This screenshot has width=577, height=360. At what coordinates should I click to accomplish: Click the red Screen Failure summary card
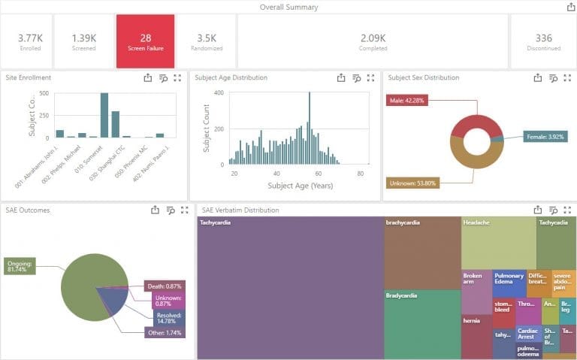click(146, 41)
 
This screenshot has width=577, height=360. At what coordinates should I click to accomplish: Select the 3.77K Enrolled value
click(30, 38)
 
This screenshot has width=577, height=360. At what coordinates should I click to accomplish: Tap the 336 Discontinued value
click(543, 38)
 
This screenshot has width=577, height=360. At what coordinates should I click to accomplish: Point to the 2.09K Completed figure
click(373, 38)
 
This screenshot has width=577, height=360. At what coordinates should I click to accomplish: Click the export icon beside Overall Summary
click(570, 7)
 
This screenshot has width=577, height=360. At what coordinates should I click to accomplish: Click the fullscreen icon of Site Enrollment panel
click(177, 77)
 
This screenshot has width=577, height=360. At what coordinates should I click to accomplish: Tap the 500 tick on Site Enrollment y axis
click(44, 94)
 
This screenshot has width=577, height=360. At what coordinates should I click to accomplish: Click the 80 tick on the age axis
click(360, 174)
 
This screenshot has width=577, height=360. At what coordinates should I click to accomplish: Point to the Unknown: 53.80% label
click(412, 183)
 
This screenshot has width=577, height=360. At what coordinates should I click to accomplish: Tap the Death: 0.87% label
click(165, 286)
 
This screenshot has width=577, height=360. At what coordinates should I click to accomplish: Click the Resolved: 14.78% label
click(165, 316)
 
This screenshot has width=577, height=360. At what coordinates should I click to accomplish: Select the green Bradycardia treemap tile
click(421, 324)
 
